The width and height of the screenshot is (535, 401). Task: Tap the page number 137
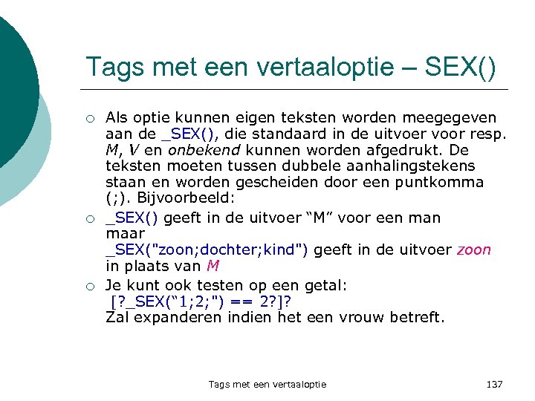pyautogui.click(x=494, y=384)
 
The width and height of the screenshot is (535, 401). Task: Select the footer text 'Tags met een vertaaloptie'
pyautogui.click(x=267, y=384)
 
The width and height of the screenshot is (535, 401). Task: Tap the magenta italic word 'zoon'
pyautogui.click(x=474, y=250)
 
